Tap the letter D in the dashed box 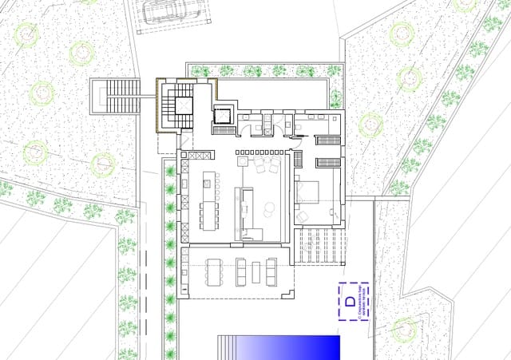[x=351, y=301]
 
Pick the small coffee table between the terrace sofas [x=255, y=271]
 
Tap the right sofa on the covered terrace [x=271, y=271]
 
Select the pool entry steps [x=228, y=348]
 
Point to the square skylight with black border [x=222, y=116]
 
